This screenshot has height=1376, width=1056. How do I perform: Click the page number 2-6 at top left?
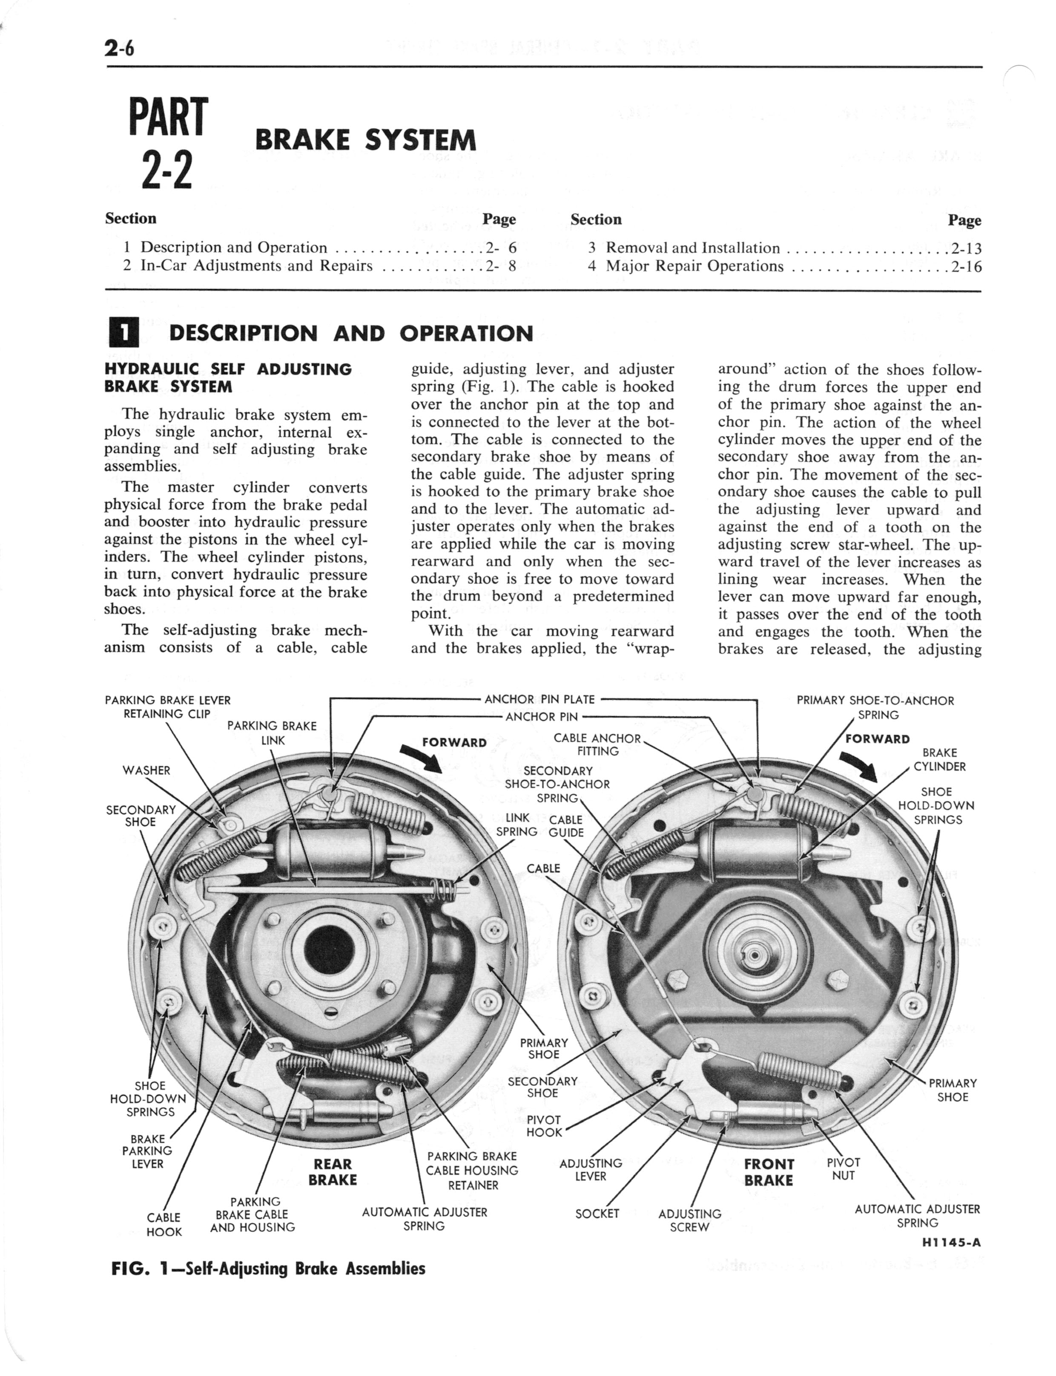click(120, 48)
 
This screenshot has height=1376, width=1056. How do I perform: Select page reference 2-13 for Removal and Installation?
click(966, 248)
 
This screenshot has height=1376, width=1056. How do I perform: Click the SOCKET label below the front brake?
click(597, 1214)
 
